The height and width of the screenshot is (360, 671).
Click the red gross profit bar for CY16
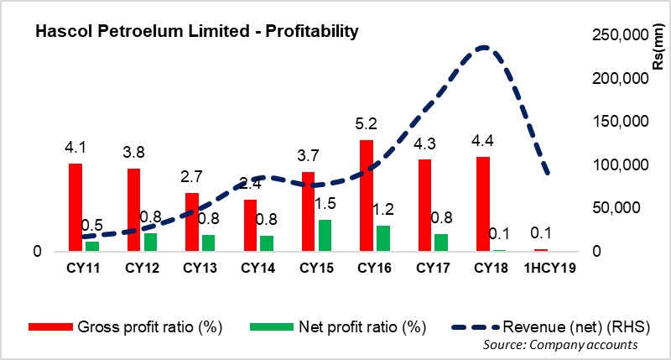click(366, 196)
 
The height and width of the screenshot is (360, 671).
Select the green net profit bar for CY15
click(324, 235)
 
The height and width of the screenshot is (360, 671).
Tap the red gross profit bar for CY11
click(75, 207)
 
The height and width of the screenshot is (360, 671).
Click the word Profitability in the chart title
click(312, 32)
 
